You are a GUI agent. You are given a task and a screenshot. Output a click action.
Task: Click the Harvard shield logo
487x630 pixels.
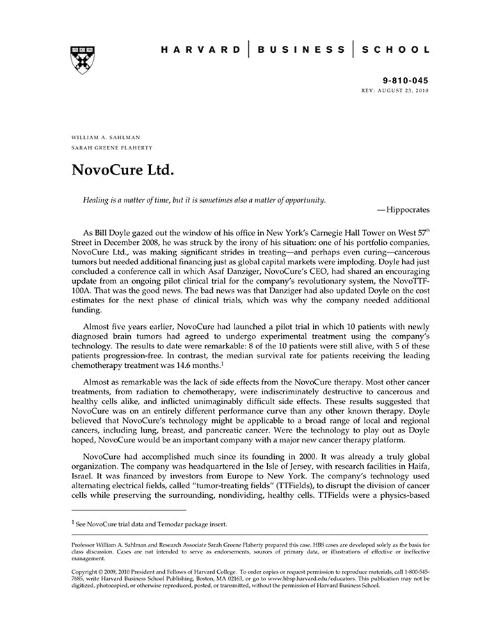tap(82, 60)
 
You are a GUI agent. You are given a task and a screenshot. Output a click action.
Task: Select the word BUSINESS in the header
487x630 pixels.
tap(301, 50)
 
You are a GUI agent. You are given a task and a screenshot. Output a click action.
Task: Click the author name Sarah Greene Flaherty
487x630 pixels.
tap(112, 148)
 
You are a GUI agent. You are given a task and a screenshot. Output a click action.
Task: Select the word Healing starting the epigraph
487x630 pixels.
tap(97, 200)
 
